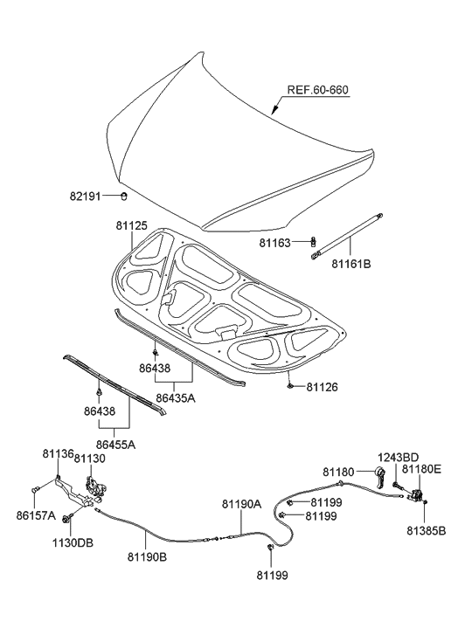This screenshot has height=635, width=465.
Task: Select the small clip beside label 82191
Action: (124, 194)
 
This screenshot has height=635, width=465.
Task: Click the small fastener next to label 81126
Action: (288, 384)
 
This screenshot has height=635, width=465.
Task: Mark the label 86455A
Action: (115, 445)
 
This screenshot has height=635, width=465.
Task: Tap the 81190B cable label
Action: (149, 556)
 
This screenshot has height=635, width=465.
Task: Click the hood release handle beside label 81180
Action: (380, 476)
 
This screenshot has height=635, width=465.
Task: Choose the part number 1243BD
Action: (398, 457)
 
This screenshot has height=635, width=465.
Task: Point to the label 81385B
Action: (426, 529)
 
